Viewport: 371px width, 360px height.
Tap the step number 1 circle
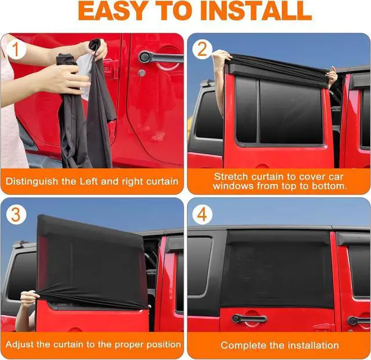tap(16, 49)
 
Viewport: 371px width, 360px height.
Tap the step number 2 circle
tap(202, 49)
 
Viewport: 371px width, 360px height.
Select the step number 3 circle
tap(16, 214)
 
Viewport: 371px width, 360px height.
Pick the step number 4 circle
tap(202, 214)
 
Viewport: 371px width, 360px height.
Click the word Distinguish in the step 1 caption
tap(32, 181)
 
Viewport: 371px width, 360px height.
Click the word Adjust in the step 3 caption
tap(20, 344)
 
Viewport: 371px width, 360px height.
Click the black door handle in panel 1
tap(161, 57)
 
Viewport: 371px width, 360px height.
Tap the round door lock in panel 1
tap(141, 72)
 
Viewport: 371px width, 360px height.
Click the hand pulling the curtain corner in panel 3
tap(30, 299)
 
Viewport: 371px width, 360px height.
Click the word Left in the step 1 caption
tap(89, 181)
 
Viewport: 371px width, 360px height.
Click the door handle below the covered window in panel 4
tap(249, 318)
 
